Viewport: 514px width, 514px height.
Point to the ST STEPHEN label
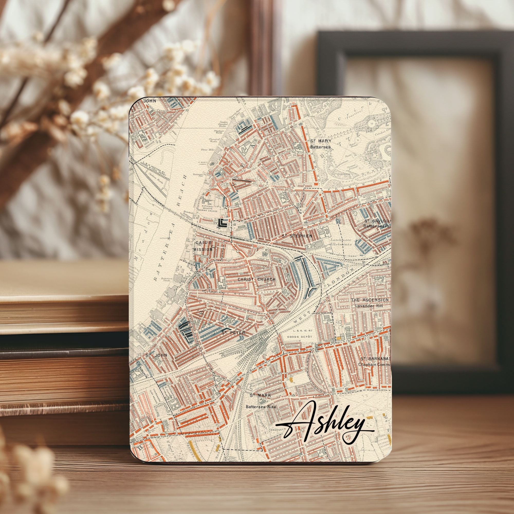297,236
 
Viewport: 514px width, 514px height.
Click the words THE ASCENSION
370,300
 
